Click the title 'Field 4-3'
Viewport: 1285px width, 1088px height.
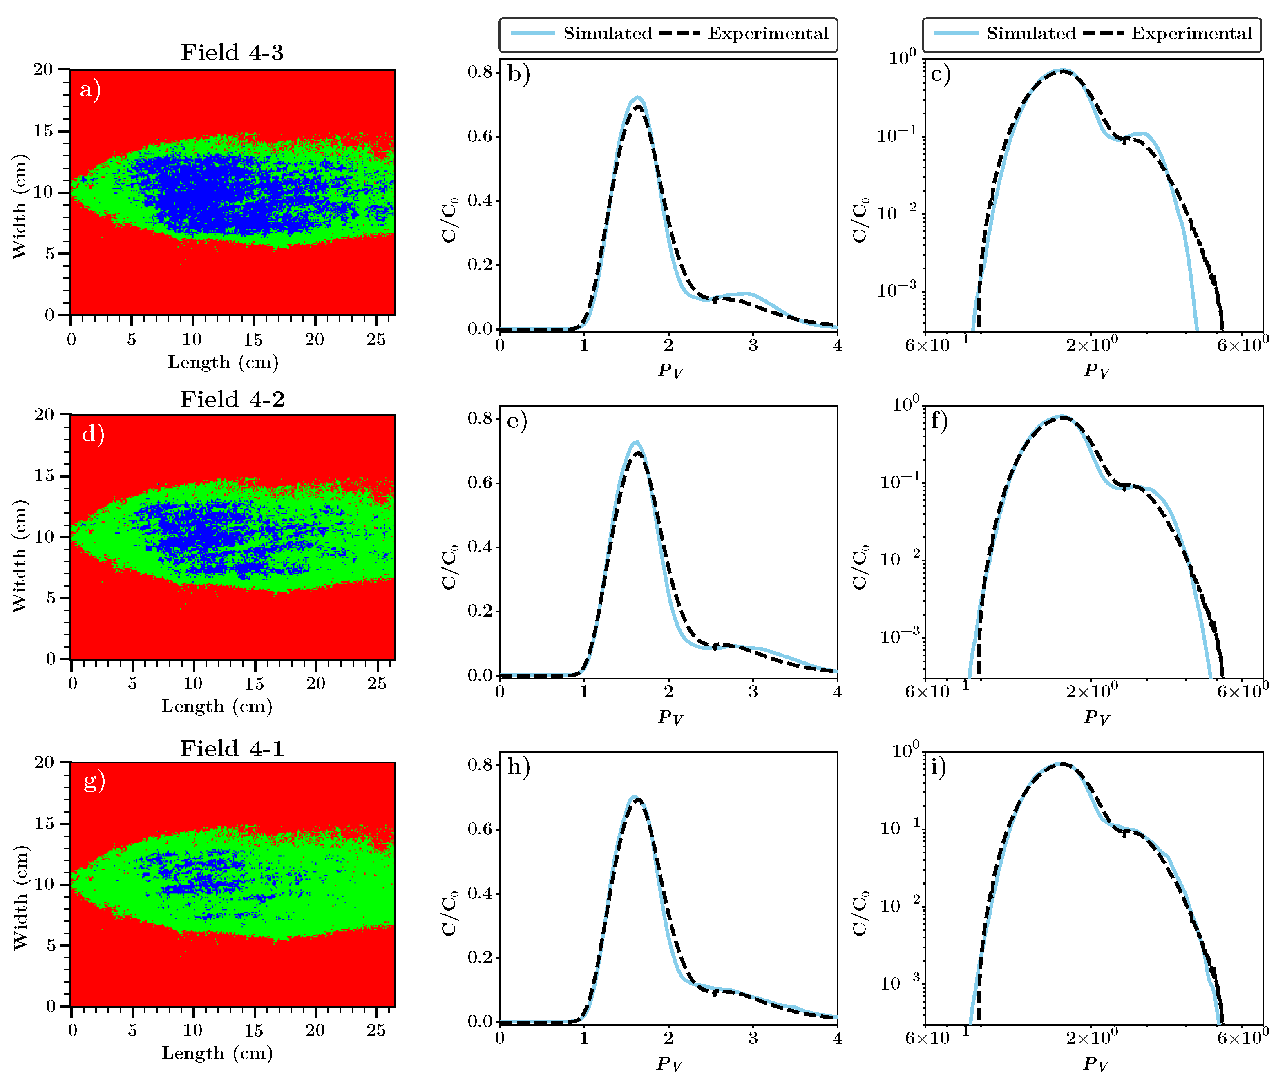pyautogui.click(x=232, y=52)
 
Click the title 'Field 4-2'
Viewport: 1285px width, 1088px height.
pyautogui.click(x=232, y=399)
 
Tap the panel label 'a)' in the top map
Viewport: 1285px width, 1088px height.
pyautogui.click(x=90, y=90)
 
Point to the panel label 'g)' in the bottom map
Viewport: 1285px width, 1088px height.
pyautogui.click(x=94, y=782)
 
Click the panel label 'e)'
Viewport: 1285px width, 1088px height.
pyautogui.click(x=516, y=421)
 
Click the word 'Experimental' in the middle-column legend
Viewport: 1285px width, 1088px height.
pyautogui.click(x=768, y=34)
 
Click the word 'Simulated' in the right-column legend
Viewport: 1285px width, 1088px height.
pyautogui.click(x=1031, y=34)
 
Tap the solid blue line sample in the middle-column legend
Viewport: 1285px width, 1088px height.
pyautogui.click(x=532, y=34)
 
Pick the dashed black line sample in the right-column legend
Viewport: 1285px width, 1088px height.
pyautogui.click(x=1103, y=34)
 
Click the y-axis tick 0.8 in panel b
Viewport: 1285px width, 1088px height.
pyautogui.click(x=480, y=72)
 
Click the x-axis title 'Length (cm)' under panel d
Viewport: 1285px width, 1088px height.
pyautogui.click(x=217, y=706)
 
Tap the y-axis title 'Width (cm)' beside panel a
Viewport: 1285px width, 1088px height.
pyautogui.click(x=20, y=207)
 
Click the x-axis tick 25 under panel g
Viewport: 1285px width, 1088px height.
pyautogui.click(x=375, y=1030)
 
